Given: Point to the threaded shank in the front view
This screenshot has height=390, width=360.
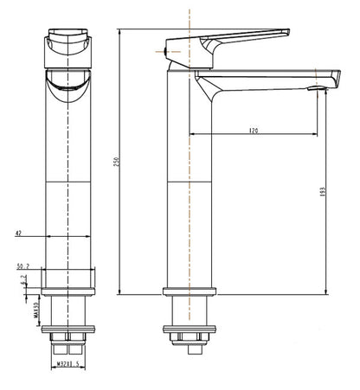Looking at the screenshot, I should pos(68,311).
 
